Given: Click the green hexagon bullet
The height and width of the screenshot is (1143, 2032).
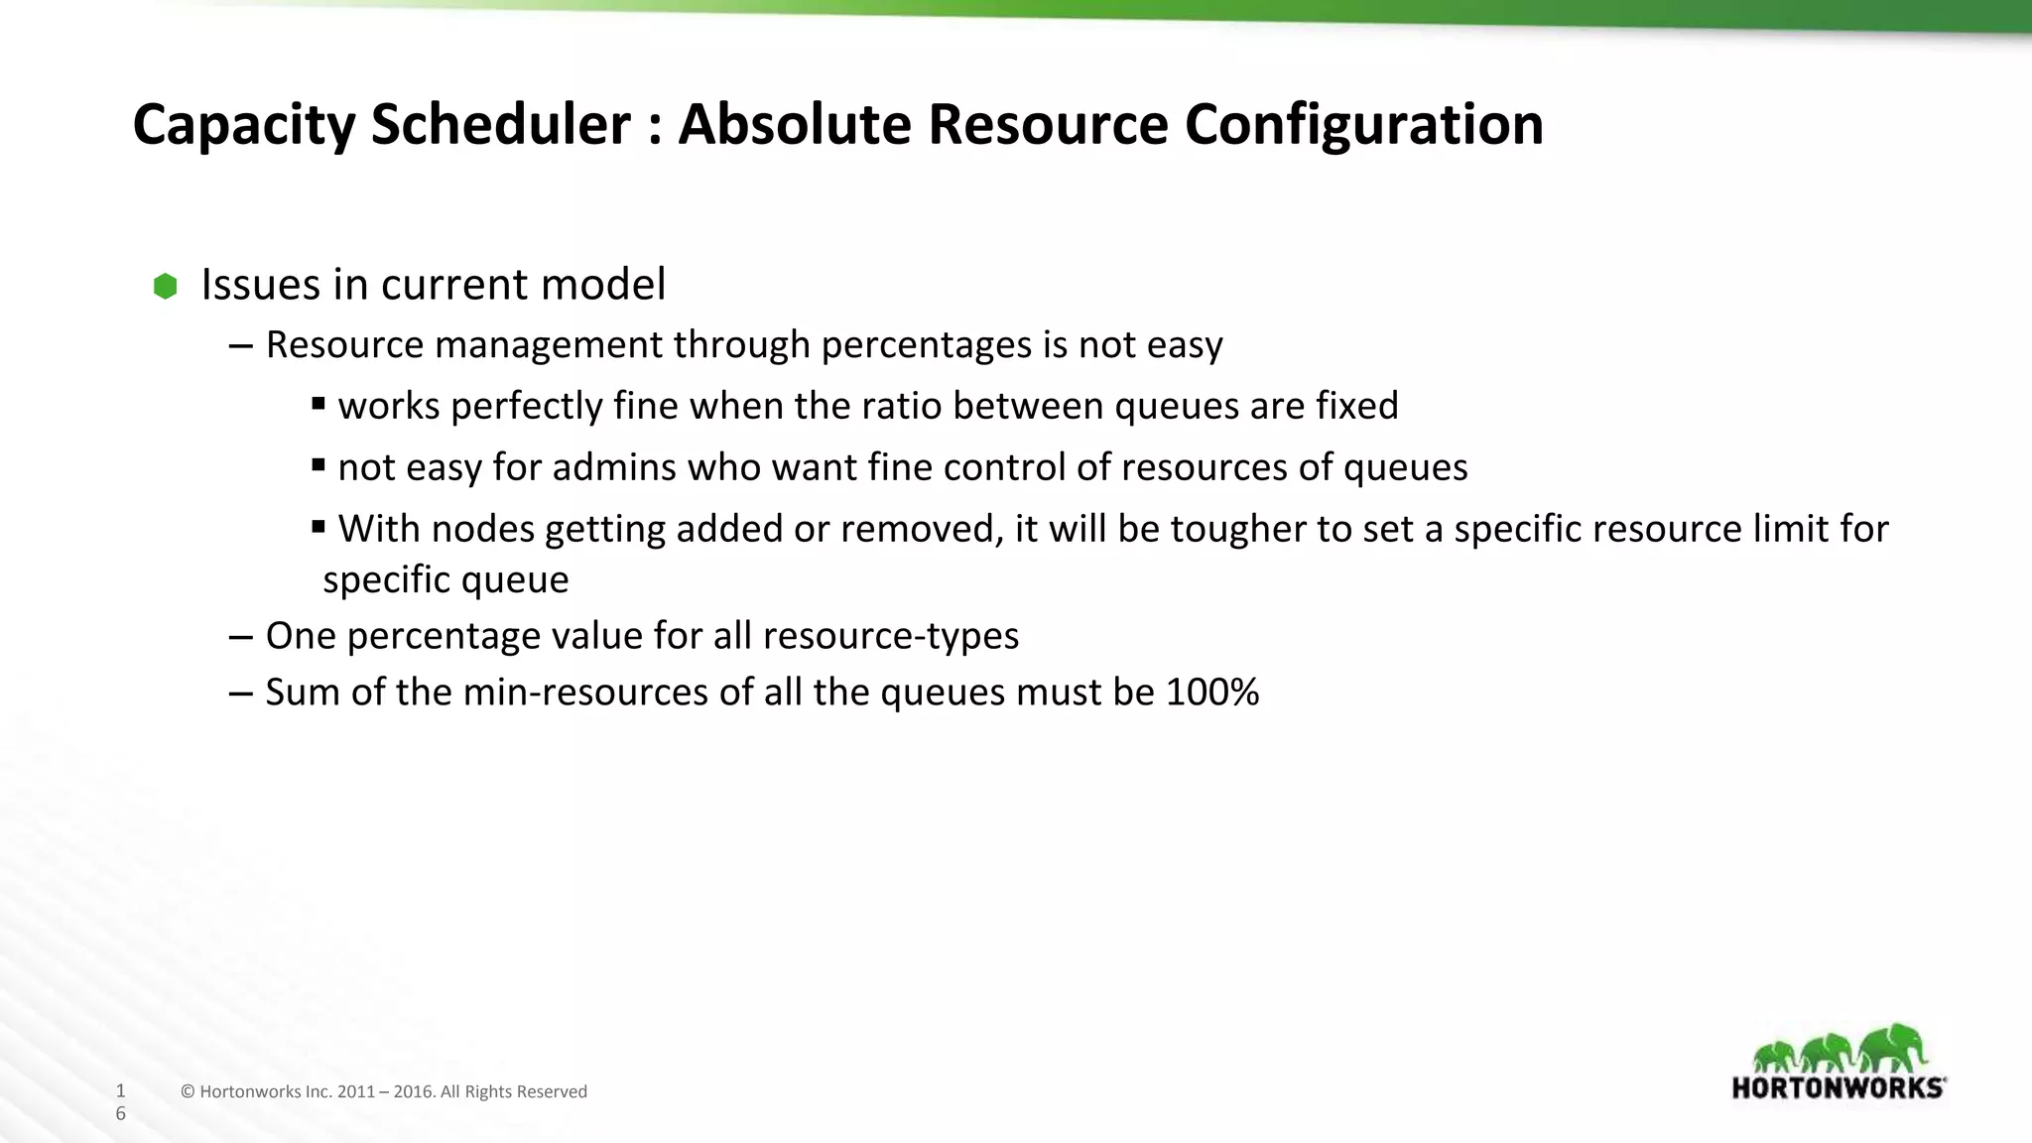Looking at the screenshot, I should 166,287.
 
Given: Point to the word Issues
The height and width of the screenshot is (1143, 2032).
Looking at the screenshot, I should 261,285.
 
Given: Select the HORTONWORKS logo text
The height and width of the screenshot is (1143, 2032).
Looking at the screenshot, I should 1839,1087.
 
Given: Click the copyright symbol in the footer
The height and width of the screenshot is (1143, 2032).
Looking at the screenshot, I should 188,1092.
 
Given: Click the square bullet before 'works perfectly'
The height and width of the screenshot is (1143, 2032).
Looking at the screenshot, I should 318,403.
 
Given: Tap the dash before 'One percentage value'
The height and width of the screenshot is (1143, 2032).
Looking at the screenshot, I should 239,636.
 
